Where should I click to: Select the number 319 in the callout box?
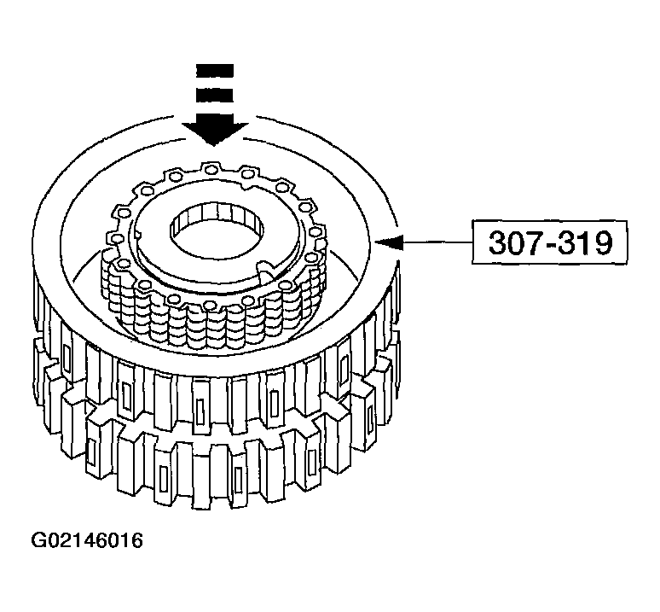tap(586, 244)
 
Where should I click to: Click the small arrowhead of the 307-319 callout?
tap(391, 244)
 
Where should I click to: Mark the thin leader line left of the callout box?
tap(435, 244)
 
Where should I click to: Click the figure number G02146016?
tap(87, 541)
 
